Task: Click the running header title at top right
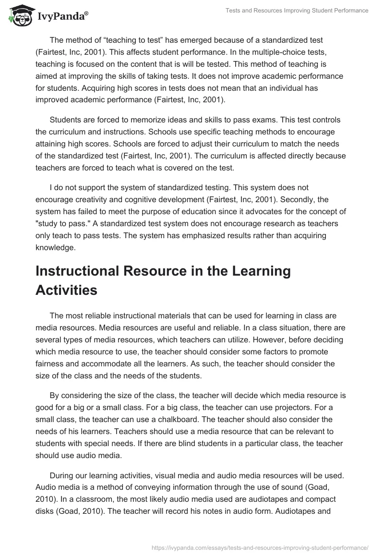pyautogui.click(x=297, y=11)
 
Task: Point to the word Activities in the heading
pyautogui.click(x=66, y=290)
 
